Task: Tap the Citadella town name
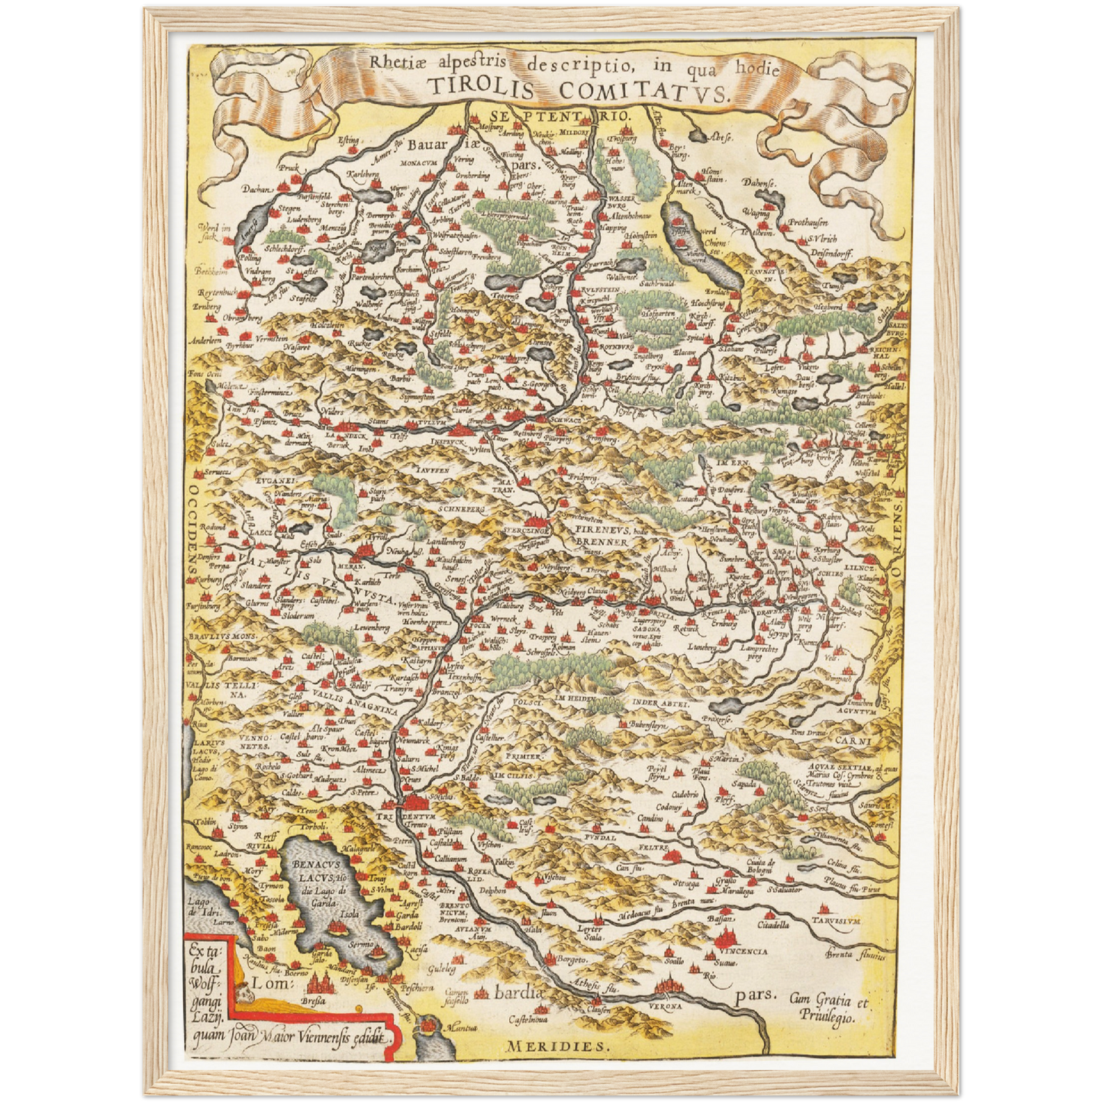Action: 772,924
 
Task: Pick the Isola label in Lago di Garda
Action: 349,914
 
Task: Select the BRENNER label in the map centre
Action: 601,541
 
